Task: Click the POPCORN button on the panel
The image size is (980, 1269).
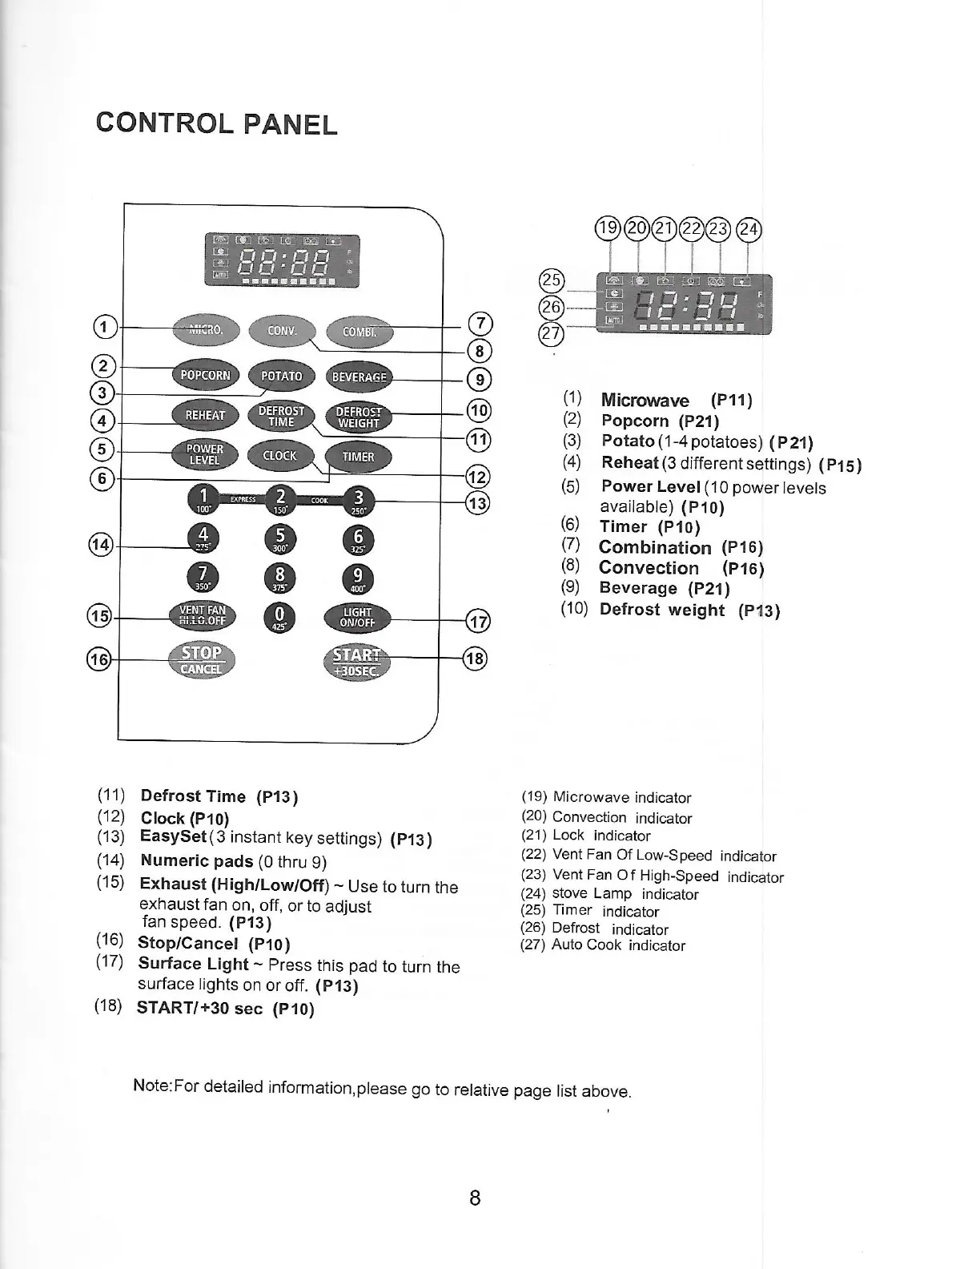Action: pos(205,375)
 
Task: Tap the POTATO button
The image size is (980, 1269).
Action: pos(282,376)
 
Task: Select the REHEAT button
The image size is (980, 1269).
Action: pos(205,414)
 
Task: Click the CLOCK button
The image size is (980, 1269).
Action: pos(279,456)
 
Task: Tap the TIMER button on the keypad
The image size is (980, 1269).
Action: pos(358,457)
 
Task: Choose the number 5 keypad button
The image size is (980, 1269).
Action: pos(279,538)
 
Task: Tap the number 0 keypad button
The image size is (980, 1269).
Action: pos(279,619)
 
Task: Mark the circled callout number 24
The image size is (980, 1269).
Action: pos(750,229)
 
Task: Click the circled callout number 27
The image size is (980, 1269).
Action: pos(552,332)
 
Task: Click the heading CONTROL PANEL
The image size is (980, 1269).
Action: pos(216,124)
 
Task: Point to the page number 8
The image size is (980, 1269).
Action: pos(475,1198)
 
